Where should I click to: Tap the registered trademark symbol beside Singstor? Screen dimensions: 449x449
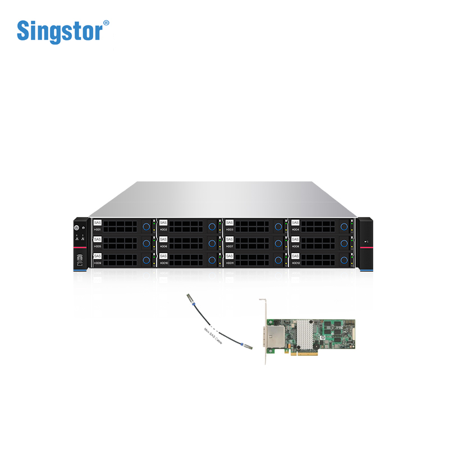tap(106, 23)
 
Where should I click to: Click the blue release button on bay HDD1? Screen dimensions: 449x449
tap(146, 226)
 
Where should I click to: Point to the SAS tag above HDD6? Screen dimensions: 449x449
tap(163, 240)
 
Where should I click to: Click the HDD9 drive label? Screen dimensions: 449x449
tap(98, 263)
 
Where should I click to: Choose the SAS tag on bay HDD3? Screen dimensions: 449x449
tap(229, 223)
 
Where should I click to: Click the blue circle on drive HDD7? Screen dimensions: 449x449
tap(278, 243)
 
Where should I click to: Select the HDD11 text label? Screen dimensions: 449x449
tap(230, 263)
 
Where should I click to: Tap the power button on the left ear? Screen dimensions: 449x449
tap(77, 227)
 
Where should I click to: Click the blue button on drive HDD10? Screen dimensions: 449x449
tap(212, 260)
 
